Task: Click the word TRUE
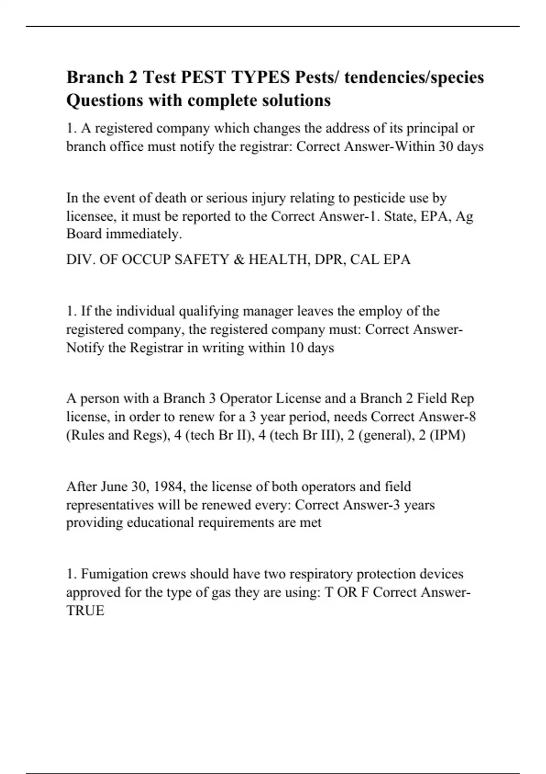(86, 611)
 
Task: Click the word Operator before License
(246, 399)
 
